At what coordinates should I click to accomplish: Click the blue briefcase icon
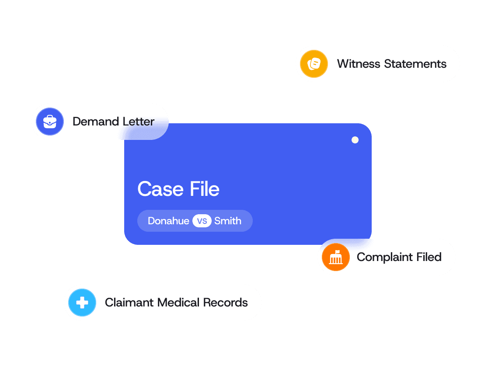[x=50, y=122]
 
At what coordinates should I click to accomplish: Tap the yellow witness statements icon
[x=314, y=64]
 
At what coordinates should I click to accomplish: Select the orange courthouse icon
[x=335, y=257]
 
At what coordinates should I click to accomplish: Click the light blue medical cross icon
[x=82, y=303]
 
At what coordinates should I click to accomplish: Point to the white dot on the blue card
[x=355, y=140]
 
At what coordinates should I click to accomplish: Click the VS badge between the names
[x=202, y=221]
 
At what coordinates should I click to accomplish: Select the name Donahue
[x=168, y=221]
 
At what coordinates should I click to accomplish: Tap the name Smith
[x=228, y=221]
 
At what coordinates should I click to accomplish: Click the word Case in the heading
[x=160, y=189]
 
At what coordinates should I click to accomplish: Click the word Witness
[x=359, y=64]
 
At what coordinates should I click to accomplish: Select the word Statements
[x=415, y=64]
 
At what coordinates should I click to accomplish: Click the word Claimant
[x=129, y=303]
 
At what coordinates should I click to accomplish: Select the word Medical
[x=178, y=303]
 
